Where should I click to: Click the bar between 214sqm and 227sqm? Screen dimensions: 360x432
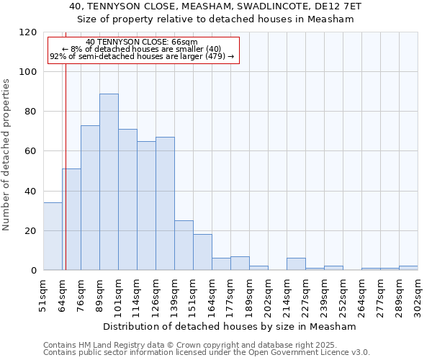[296, 264]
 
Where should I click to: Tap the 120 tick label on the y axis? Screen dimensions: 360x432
[28, 32]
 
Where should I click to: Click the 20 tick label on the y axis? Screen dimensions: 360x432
[31, 231]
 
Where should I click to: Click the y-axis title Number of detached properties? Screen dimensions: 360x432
[6, 155]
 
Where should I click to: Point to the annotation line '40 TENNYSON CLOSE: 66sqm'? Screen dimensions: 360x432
[141, 42]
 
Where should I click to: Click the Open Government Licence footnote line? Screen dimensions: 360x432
[207, 352]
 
